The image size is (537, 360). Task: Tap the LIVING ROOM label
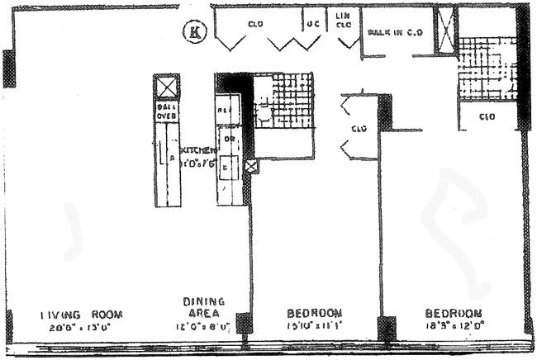pos(83,315)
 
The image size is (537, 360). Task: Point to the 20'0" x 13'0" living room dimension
pos(82,327)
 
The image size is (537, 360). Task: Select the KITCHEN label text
pos(199,151)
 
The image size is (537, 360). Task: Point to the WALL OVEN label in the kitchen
pos(167,111)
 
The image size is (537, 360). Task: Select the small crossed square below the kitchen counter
pos(251,166)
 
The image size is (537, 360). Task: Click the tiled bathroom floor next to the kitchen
pos(284,99)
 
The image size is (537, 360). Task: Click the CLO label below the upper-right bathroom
pos(487,116)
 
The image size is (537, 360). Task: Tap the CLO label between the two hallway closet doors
pos(358,129)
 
